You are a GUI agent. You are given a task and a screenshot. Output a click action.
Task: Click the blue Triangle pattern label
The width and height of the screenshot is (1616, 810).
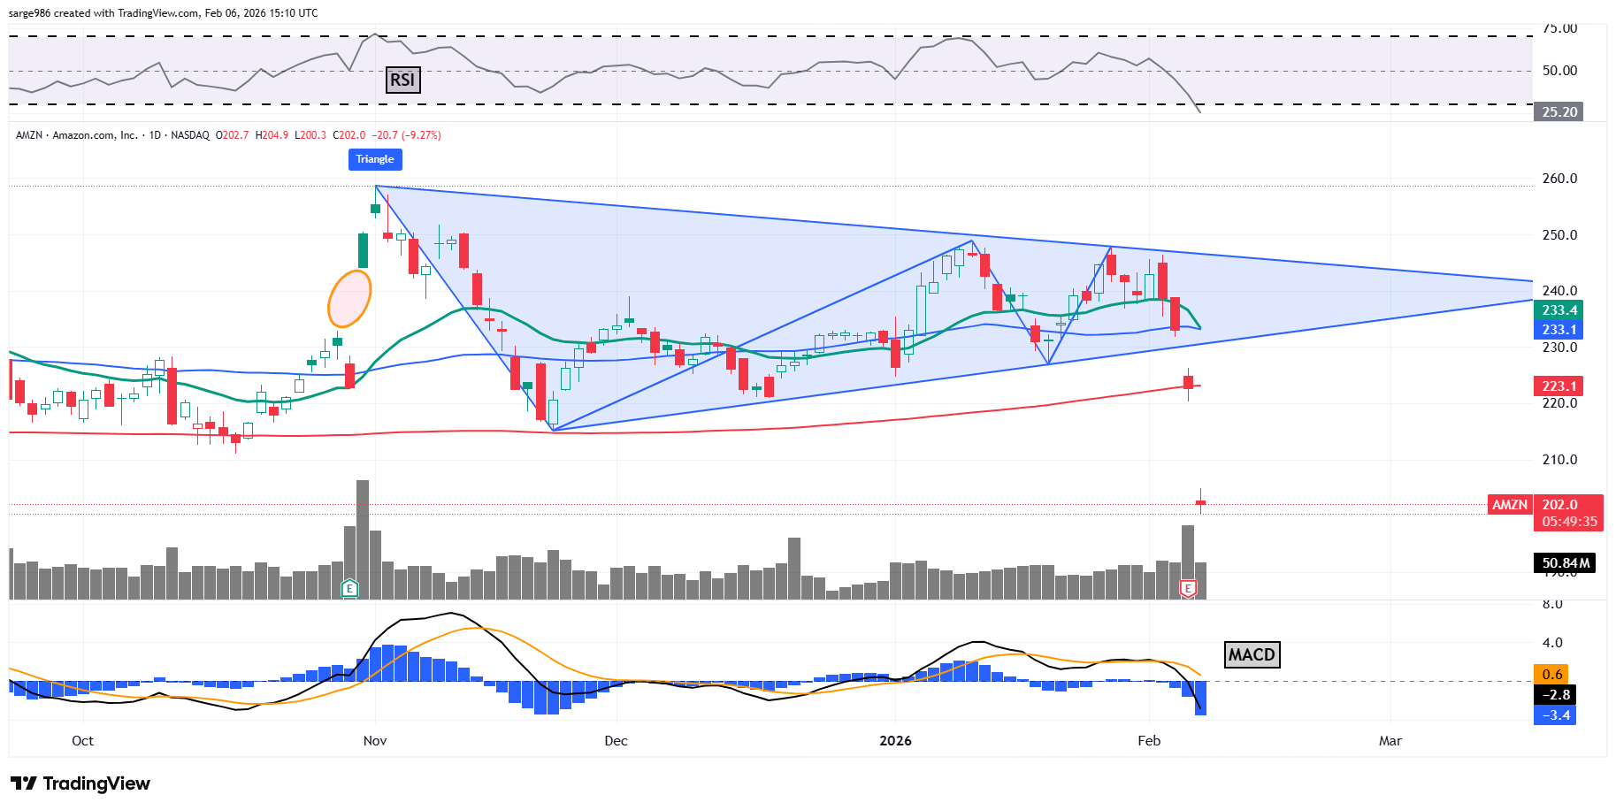375,159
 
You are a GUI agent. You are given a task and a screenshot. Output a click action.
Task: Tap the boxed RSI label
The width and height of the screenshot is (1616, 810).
402,80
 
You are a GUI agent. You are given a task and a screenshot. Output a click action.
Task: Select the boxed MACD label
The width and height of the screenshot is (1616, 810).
1252,654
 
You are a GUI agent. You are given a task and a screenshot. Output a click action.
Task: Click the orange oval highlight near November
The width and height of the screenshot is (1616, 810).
349,298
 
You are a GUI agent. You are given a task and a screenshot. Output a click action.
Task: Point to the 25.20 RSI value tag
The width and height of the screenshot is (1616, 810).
1559,112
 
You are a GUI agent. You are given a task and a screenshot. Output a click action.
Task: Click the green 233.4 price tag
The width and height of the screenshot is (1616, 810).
1559,310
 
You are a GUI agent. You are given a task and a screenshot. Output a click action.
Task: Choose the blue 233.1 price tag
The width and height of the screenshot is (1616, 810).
1559,330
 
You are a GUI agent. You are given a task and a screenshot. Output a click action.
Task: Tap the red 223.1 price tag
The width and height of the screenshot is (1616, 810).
1559,386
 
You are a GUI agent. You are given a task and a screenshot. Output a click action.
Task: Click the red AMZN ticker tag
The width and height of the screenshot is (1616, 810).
1510,505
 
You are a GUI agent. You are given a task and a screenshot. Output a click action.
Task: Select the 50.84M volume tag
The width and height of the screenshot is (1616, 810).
1565,563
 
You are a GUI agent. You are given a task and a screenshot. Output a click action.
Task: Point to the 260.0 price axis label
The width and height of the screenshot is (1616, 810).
1559,179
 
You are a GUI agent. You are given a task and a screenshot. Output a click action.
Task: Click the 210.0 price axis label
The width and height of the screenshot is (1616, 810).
1559,460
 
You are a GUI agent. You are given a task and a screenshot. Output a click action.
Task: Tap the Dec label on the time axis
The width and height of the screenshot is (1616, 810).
616,741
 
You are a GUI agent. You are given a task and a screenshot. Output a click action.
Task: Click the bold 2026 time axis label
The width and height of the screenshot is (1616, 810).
895,741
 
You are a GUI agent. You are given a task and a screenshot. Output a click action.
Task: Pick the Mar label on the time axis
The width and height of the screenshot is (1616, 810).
1390,741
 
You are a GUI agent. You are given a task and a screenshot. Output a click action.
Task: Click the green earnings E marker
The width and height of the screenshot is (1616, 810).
350,588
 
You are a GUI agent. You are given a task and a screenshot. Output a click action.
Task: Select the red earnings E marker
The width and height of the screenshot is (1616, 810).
1188,588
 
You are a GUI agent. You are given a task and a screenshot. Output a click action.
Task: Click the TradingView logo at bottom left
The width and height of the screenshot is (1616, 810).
80,783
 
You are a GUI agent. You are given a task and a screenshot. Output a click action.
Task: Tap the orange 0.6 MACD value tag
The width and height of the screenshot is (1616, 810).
1552,675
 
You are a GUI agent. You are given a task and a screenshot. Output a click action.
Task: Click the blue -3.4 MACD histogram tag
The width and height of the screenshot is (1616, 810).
1556,715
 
